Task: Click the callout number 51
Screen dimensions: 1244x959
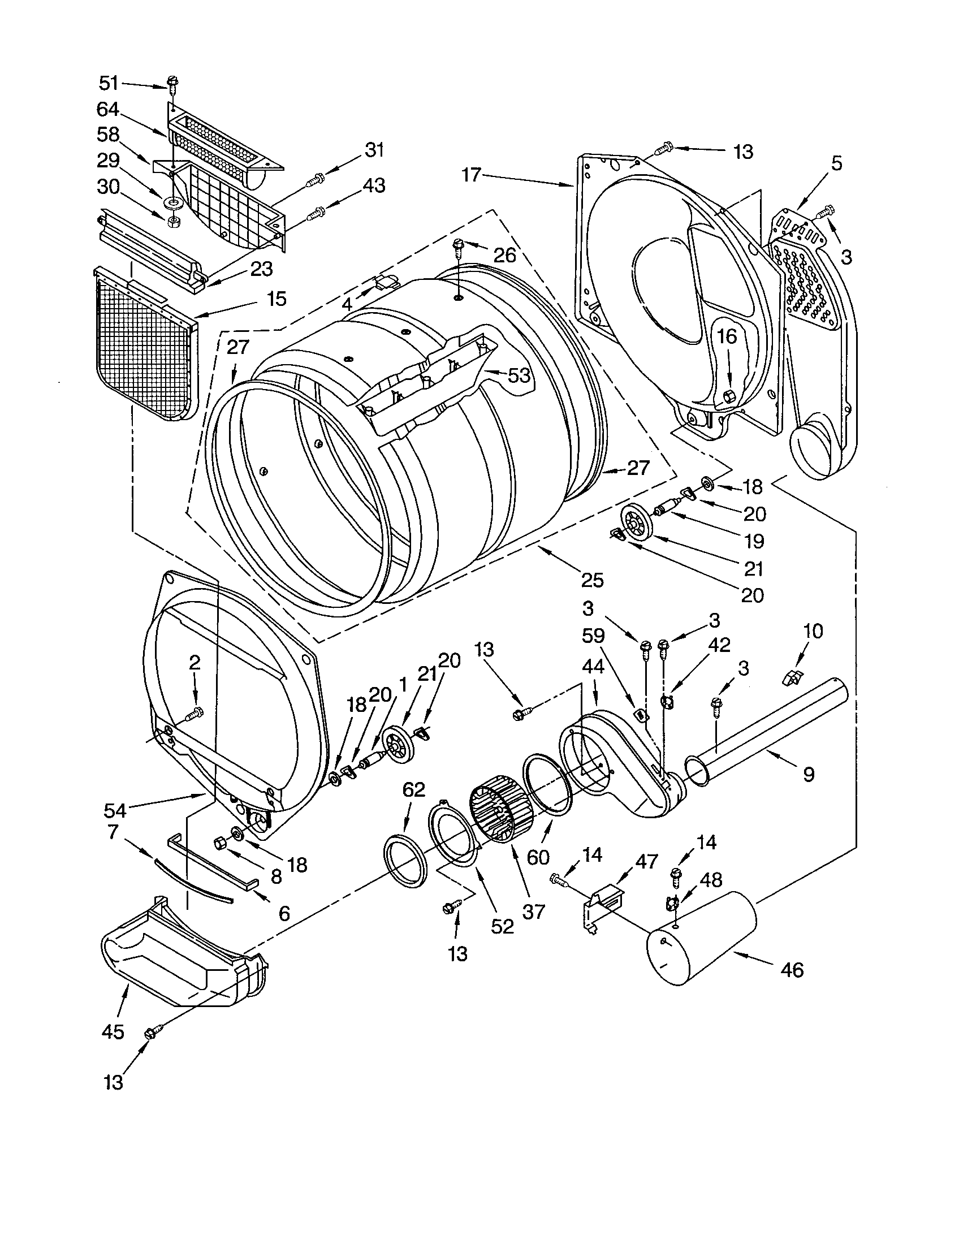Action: point(108,83)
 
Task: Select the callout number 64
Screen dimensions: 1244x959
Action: point(108,109)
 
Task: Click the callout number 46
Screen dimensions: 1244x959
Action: point(792,969)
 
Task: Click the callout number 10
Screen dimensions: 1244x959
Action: point(813,631)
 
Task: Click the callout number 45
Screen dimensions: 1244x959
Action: point(111,1031)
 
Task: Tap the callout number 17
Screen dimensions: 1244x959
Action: point(472,174)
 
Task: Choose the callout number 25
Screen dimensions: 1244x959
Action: point(591,580)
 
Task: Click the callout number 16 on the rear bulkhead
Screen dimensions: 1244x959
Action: point(727,336)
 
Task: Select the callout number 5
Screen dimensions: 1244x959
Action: point(835,163)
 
